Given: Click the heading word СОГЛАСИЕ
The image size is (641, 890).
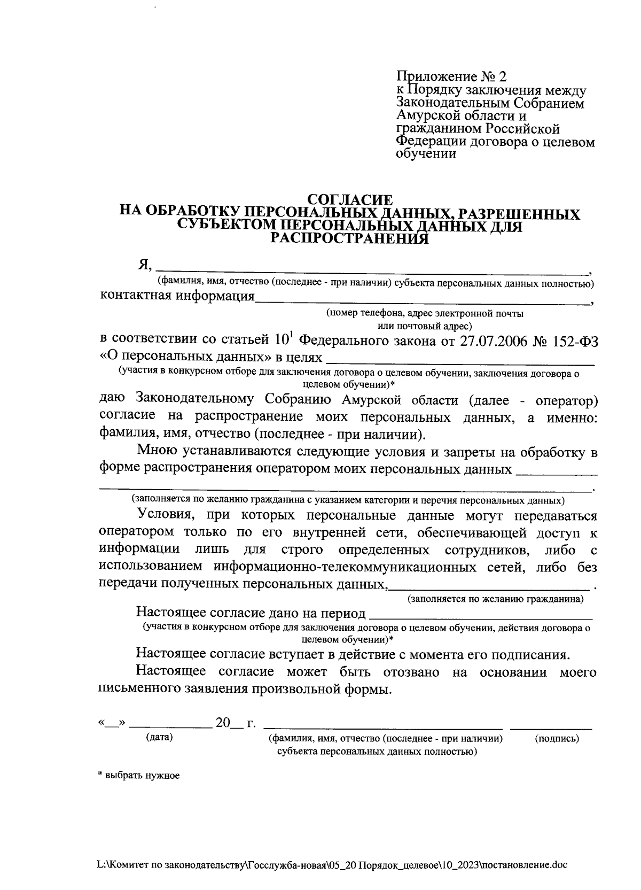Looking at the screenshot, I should [351, 200].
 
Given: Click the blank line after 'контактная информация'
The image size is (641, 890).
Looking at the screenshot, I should [422, 300].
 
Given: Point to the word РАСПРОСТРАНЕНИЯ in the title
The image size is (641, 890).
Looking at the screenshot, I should [350, 238].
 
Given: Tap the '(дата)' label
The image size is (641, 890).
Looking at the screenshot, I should [160, 738].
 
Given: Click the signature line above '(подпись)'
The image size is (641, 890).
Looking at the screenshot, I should [551, 727].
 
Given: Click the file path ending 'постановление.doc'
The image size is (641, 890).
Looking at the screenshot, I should [331, 864].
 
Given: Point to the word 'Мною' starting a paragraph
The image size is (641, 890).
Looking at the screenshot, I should [156, 452].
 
